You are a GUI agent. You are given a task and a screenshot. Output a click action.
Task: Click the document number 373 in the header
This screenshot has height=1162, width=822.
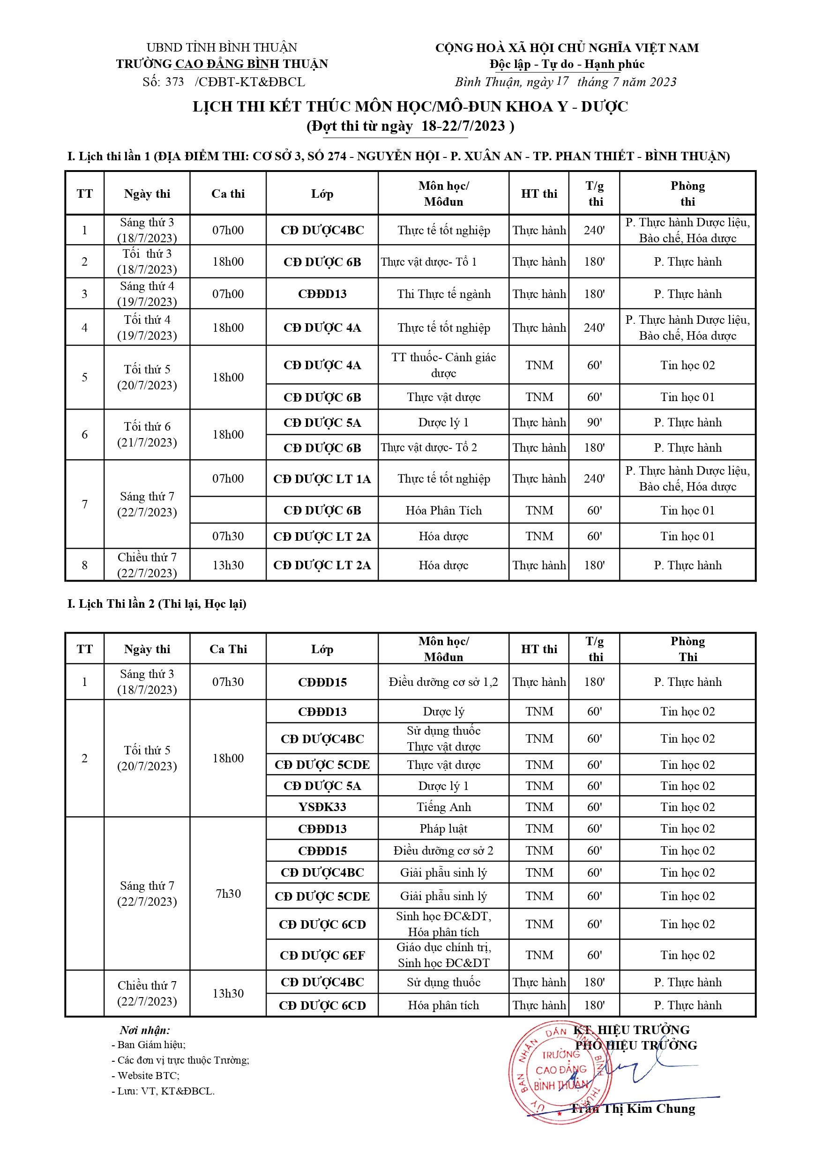click(175, 82)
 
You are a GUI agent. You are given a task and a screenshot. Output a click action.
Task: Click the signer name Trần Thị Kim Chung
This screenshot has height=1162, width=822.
click(633, 1109)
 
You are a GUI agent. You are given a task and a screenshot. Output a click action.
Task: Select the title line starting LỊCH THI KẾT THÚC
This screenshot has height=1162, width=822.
click(410, 107)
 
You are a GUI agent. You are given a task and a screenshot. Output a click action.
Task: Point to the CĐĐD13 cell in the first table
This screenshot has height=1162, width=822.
click(322, 294)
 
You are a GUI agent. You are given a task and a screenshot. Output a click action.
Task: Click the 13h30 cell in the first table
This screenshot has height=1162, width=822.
click(228, 566)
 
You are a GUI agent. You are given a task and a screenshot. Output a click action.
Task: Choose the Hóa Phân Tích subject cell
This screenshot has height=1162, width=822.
click(443, 511)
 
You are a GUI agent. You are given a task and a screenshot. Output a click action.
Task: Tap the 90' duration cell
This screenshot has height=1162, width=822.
click(594, 423)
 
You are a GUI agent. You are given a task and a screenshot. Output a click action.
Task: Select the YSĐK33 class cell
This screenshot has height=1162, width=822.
click(322, 807)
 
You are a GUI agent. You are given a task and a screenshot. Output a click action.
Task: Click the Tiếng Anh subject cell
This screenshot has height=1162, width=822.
click(443, 807)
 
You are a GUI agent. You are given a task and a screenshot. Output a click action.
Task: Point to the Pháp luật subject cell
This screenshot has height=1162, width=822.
click(443, 829)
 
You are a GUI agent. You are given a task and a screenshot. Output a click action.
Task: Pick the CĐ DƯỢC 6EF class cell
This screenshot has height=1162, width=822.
click(322, 955)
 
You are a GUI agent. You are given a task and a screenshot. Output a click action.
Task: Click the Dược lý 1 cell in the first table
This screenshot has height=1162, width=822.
click(443, 423)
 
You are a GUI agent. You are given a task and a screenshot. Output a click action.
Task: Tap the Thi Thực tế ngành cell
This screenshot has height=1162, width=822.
click(443, 294)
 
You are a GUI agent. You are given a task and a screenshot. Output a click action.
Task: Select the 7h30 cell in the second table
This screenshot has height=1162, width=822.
click(228, 894)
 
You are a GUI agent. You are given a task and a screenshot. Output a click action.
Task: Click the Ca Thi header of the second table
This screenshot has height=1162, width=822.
click(228, 649)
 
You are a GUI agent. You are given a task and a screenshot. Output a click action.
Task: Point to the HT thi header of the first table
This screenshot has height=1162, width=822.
click(539, 194)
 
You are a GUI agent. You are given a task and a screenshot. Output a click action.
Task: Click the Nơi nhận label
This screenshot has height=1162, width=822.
click(145, 1030)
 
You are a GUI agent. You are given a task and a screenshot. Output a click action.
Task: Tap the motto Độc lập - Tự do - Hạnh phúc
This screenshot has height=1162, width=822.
click(567, 64)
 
